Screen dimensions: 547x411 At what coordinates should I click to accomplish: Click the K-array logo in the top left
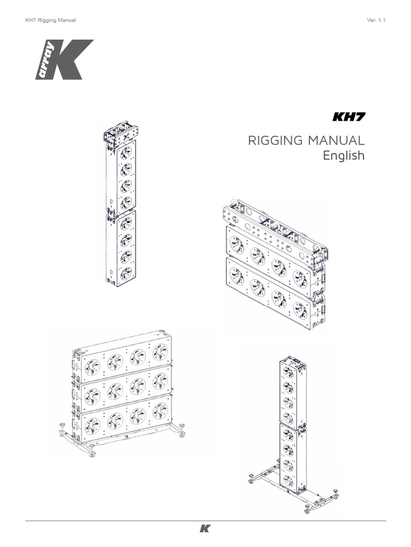[x=64, y=59]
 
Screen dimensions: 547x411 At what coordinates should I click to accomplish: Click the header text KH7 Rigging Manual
[x=51, y=20]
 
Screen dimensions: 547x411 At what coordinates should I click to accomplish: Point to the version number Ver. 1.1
[x=376, y=20]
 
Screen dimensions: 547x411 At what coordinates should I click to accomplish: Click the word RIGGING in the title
[x=274, y=141]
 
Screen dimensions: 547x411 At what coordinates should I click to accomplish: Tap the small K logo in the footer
[x=205, y=529]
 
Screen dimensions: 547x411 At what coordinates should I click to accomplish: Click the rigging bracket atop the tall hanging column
[x=120, y=133]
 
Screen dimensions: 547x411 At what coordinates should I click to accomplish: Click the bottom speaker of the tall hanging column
[x=126, y=273]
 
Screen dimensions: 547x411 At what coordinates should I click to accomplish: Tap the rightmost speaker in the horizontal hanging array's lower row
[x=300, y=310]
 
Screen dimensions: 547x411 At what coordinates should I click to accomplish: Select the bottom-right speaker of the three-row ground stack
[x=160, y=410]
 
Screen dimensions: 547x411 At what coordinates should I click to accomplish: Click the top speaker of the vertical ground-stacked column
[x=288, y=373]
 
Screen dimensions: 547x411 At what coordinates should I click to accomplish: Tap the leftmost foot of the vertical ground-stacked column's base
[x=250, y=477]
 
